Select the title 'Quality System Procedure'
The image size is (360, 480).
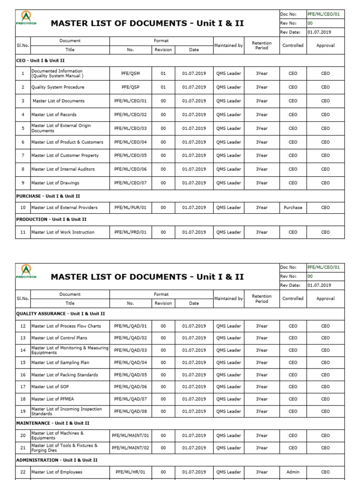point(58,87)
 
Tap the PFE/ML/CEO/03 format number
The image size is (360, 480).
point(131,128)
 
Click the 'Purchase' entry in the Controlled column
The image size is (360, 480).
point(293,208)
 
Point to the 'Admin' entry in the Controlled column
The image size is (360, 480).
point(293,472)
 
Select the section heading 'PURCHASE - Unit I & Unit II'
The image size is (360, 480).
point(51,196)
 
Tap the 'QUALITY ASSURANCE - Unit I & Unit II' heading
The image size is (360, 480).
point(60,314)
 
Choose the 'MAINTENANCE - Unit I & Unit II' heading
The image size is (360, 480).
point(52,423)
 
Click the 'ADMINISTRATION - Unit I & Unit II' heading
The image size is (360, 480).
point(57,460)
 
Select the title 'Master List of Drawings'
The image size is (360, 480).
point(55,183)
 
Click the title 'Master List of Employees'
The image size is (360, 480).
point(57,472)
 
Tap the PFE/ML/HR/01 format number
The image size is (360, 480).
point(131,472)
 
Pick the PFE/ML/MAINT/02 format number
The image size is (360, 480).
point(131,448)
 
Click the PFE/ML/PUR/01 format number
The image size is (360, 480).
point(131,208)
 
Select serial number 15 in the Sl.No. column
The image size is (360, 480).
point(22,363)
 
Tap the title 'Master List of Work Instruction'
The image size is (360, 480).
point(63,232)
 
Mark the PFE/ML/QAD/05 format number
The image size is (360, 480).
point(131,375)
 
